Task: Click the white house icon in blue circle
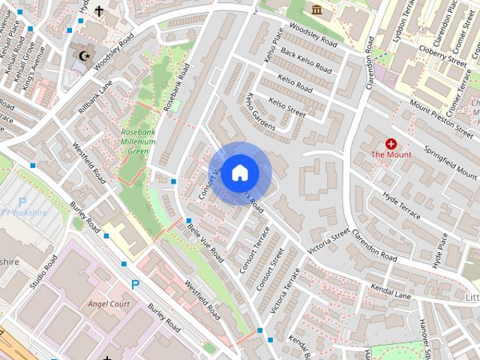click(239, 172)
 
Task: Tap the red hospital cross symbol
click(391, 142)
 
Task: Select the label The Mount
click(391, 154)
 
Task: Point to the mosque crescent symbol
click(83, 56)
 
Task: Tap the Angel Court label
click(109, 304)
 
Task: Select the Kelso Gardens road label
click(260, 112)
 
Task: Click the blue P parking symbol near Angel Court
click(135, 284)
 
